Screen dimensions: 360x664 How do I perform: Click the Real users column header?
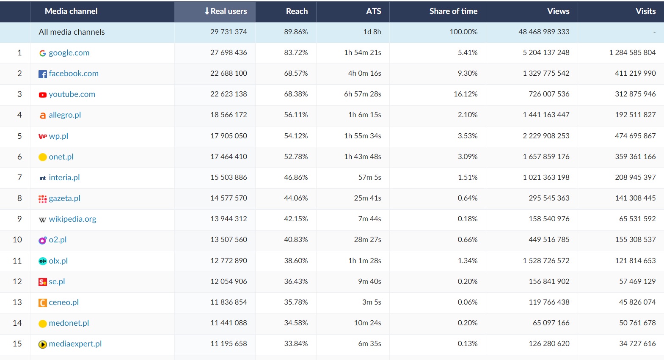229,11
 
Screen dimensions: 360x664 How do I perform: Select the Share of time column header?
453,11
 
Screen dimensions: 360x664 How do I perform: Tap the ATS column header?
373,11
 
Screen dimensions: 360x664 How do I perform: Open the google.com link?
69,53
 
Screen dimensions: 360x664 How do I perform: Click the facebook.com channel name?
74,74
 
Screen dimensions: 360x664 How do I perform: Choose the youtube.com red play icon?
42,95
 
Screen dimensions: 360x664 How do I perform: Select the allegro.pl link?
65,115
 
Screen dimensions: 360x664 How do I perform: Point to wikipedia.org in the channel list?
72,219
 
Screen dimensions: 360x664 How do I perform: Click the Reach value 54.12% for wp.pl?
296,136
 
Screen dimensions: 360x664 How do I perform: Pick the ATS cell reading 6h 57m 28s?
362,94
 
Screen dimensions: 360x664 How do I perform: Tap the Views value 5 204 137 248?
546,52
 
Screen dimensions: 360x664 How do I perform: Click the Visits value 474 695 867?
635,136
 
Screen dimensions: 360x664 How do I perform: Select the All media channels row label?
72,32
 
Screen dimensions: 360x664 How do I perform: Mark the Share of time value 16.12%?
466,94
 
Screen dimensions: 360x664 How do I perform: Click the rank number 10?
17,240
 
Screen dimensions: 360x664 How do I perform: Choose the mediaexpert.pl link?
75,344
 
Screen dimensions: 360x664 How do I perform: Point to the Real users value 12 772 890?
229,261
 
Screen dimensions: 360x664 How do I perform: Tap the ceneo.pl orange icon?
42,303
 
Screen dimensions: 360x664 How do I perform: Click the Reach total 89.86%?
296,32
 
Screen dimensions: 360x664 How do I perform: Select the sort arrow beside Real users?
207,11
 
